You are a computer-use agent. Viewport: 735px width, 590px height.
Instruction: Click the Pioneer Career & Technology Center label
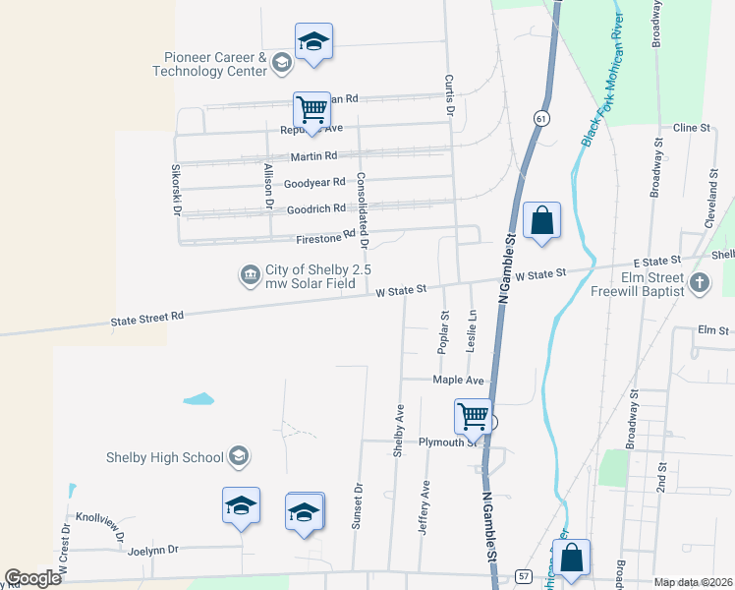point(210,64)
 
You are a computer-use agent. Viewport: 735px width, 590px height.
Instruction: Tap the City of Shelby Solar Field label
point(313,276)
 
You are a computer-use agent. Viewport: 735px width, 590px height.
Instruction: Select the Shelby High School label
point(165,456)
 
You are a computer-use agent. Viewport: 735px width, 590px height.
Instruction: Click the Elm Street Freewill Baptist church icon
point(699,284)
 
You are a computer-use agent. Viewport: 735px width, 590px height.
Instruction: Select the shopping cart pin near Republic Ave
point(311,110)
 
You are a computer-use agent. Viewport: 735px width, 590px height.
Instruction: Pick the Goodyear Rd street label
point(314,183)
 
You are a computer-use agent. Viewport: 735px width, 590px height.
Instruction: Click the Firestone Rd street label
point(324,237)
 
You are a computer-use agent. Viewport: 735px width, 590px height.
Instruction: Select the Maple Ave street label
point(459,380)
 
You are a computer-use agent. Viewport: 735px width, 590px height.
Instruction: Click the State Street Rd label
point(147,318)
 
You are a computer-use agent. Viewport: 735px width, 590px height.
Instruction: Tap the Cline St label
point(691,128)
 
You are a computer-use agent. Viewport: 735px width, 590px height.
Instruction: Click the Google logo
point(33,578)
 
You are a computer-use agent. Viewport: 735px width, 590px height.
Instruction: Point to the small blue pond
point(198,399)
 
